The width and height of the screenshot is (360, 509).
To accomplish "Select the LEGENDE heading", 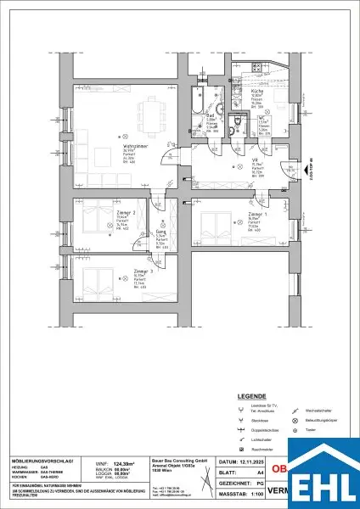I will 255,395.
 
